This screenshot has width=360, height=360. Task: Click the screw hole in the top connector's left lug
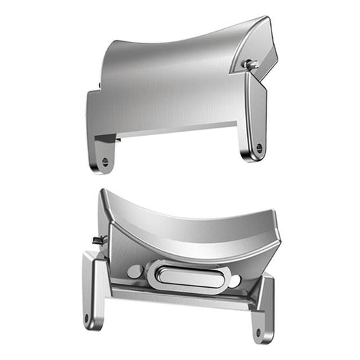tap(104, 162)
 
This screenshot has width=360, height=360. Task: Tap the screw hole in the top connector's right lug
tap(259, 147)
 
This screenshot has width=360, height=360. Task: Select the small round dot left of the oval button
tap(134, 271)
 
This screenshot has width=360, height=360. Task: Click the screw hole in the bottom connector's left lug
tap(88, 317)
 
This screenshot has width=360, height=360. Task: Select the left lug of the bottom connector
tap(93, 290)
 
